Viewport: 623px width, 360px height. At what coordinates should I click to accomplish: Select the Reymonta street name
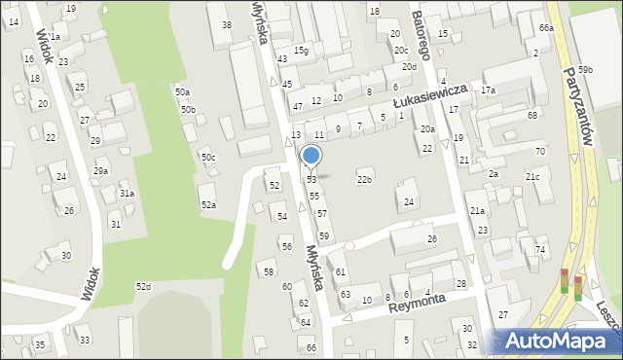coord(416,305)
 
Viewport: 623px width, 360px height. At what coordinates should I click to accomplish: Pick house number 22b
coord(364,179)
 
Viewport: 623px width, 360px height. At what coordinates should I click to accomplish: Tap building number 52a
coord(208,204)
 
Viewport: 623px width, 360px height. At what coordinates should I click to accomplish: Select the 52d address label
coord(143,286)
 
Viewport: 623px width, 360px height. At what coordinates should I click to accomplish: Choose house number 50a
coord(182,91)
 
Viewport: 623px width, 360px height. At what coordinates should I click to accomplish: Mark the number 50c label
coord(208,157)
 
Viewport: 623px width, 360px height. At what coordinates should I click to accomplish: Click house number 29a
coord(100,170)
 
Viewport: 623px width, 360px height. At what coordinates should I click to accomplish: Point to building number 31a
coord(127,194)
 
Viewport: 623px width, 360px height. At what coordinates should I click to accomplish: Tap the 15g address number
coord(302,51)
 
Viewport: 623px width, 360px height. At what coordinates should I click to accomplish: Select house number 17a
coord(488,90)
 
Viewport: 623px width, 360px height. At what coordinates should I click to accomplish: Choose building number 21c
coord(532,176)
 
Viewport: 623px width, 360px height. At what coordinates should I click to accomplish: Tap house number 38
coord(227,24)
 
